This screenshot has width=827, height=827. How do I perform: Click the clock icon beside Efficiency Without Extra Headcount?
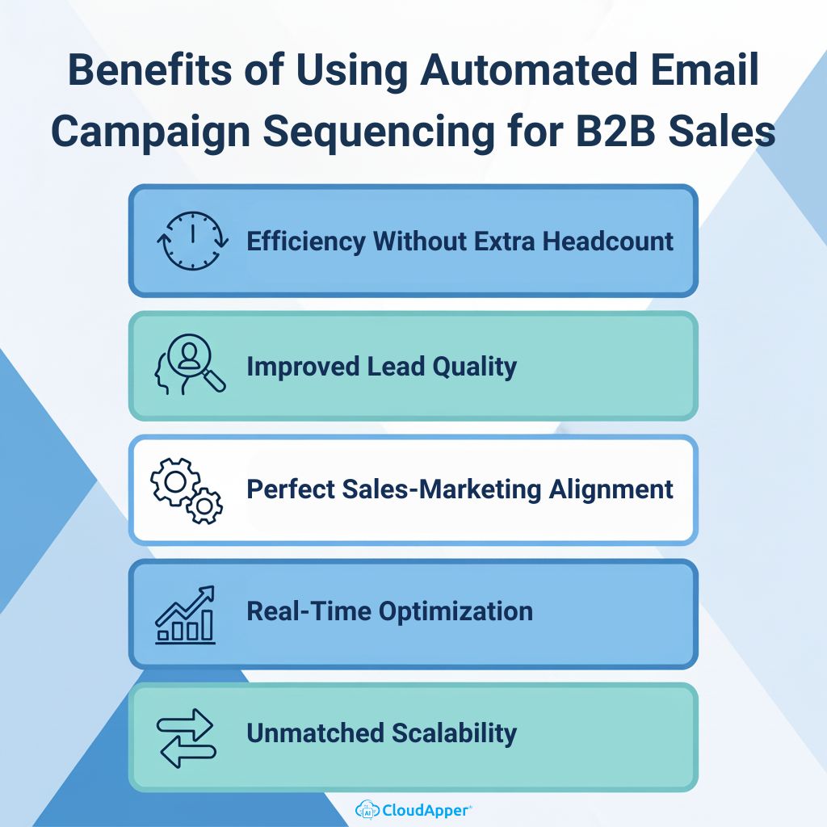pyautogui.click(x=191, y=241)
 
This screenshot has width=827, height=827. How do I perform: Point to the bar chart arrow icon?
pyautogui.click(x=187, y=614)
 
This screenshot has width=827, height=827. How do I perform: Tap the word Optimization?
pyautogui.click(x=455, y=611)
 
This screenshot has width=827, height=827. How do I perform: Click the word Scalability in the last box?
pyautogui.click(x=454, y=733)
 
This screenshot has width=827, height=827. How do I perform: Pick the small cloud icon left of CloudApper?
pyautogui.click(x=366, y=808)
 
